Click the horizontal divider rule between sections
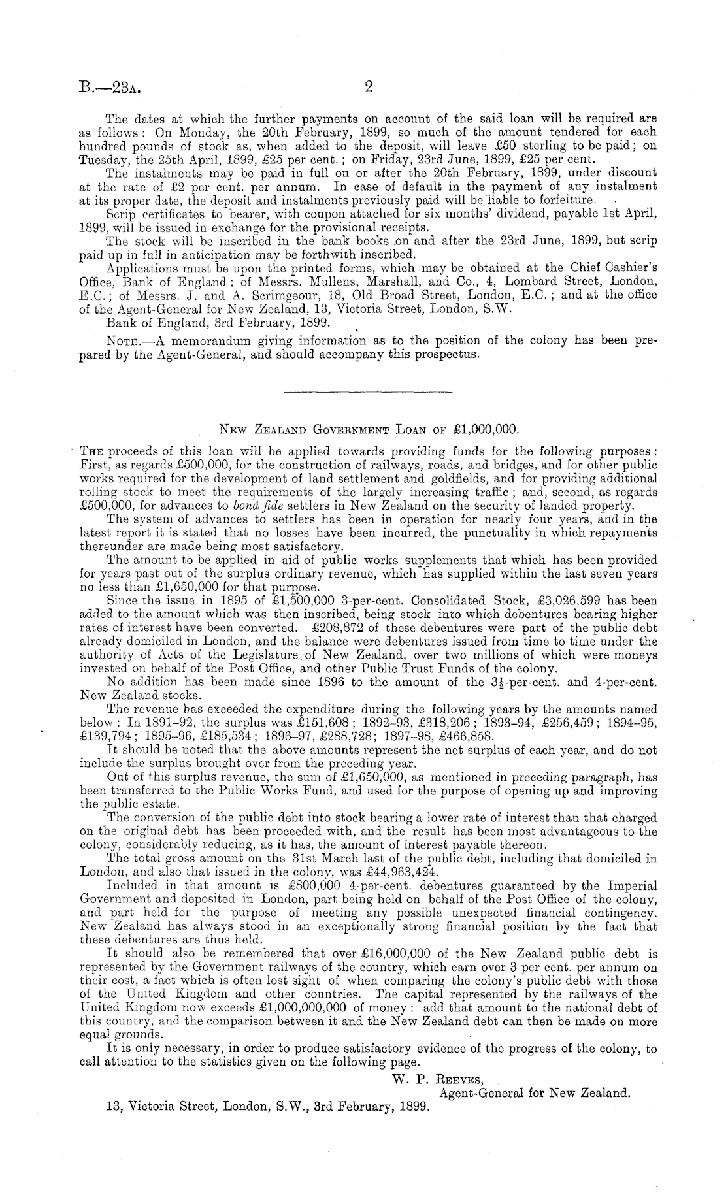point(368,392)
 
